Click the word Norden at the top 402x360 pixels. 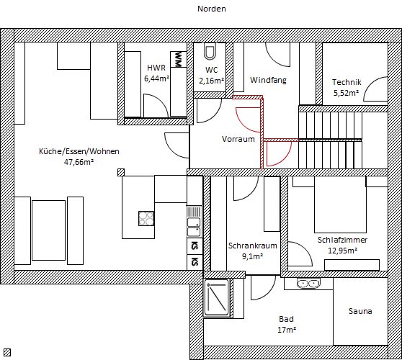212,9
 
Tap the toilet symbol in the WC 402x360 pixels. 210,51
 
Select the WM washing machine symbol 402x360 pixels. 179,59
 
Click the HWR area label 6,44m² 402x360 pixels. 156,78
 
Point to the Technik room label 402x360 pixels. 347,82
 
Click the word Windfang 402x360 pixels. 268,80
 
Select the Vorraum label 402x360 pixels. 238,139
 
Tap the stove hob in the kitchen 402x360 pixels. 146,218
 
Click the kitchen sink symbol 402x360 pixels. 194,222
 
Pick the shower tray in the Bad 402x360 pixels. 216,298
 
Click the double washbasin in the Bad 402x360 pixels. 308,284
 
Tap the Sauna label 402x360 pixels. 360,311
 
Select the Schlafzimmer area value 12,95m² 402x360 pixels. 342,251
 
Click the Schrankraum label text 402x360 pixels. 253,246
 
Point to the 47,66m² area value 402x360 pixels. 79,162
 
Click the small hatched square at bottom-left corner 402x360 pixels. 7,353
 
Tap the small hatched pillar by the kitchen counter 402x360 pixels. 121,172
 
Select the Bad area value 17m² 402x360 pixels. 287,330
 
